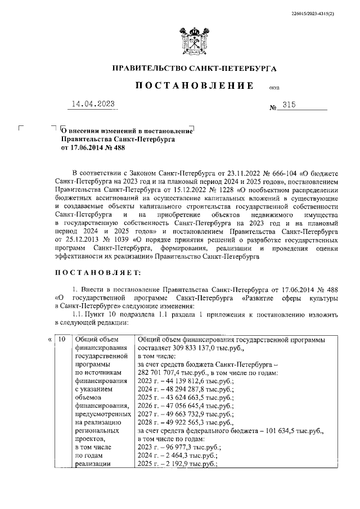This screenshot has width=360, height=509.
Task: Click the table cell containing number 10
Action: point(62,339)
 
